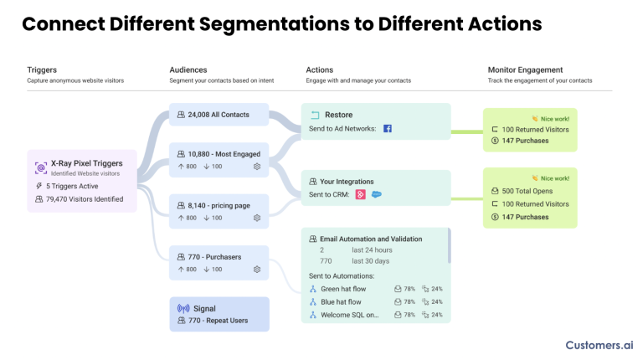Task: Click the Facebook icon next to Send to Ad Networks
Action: click(388, 129)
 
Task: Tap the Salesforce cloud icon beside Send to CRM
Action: click(377, 195)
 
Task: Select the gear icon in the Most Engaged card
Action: click(257, 167)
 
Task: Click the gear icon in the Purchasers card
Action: click(257, 270)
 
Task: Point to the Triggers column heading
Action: click(42, 69)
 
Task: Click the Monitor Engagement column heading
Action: click(525, 69)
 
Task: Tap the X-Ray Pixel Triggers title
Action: click(86, 162)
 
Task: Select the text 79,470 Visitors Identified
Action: click(85, 199)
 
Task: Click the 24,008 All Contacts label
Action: click(218, 115)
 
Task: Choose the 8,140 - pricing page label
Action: click(219, 204)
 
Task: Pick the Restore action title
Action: click(338, 115)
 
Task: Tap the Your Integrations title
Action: click(347, 181)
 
